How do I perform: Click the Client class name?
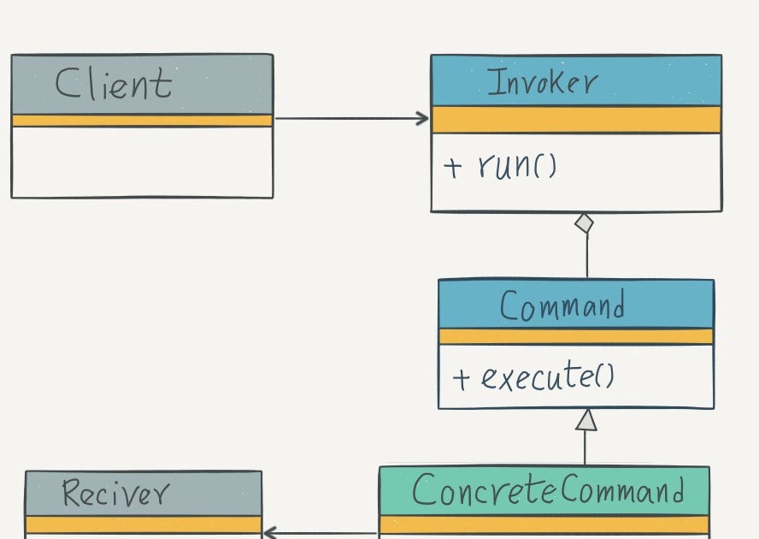pos(113,85)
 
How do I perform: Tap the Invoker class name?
pos(542,83)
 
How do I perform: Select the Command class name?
pos(562,306)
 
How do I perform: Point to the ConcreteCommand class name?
pos(548,492)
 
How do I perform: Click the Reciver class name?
pos(115,494)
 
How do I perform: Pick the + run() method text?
pos(500,165)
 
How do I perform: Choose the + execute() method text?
pos(533,377)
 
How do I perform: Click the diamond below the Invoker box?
pos(584,224)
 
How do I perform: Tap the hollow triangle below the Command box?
pos(585,419)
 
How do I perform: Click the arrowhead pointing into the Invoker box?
pos(422,119)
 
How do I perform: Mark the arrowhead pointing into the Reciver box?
pos(269,533)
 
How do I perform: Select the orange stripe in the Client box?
pos(142,121)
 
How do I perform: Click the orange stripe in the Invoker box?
pos(575,120)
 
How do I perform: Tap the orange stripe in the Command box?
pos(575,336)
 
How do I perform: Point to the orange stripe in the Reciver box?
pos(143,524)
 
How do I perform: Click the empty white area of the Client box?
pos(142,163)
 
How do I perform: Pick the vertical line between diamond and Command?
pos(587,257)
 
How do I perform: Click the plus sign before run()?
pos(453,166)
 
